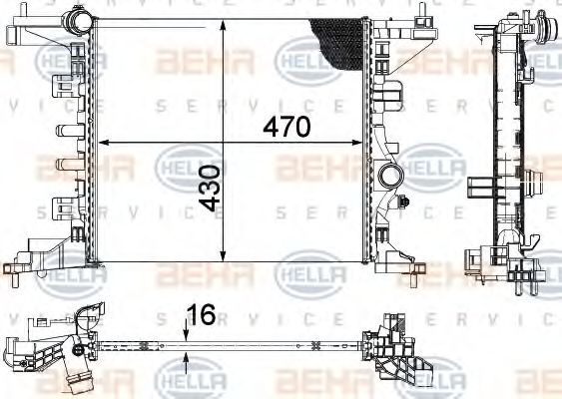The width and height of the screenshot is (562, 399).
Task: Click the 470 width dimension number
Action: [x=287, y=127]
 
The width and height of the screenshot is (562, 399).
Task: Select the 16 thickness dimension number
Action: [x=201, y=315]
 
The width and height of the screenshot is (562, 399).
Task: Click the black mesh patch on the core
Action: [x=339, y=44]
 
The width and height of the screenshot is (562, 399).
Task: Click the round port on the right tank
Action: [x=390, y=177]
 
